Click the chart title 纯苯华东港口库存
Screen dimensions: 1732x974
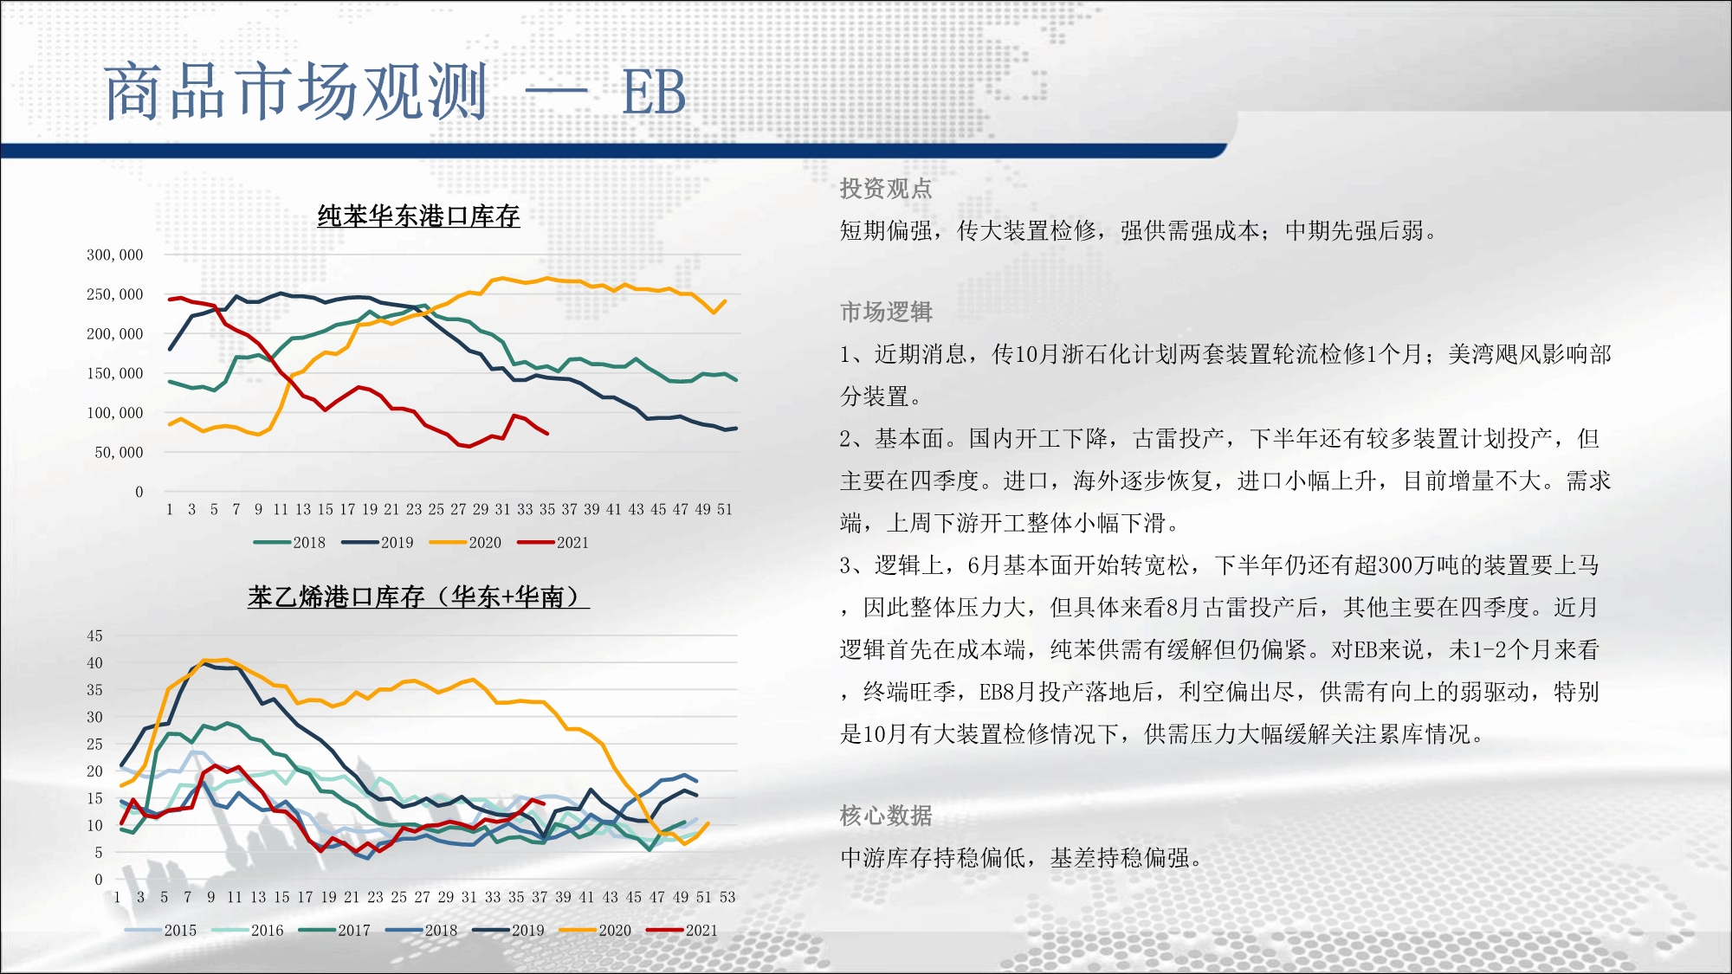click(x=418, y=216)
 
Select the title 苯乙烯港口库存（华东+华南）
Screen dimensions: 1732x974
click(x=418, y=597)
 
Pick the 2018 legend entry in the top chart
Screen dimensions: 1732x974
click(x=289, y=543)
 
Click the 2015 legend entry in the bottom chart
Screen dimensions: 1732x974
click(x=160, y=931)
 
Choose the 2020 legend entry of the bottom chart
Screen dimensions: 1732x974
click(x=595, y=931)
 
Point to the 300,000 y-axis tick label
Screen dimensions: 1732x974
click(x=114, y=255)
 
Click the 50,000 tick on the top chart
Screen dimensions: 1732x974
click(x=119, y=452)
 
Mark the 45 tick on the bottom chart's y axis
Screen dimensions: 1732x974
click(x=94, y=635)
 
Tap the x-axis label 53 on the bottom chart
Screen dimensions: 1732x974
click(x=727, y=897)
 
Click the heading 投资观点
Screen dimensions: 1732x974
click(x=886, y=189)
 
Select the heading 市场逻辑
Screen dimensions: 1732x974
click(x=886, y=312)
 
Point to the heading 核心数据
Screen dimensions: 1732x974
click(x=886, y=816)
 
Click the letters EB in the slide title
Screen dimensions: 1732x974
click(x=654, y=92)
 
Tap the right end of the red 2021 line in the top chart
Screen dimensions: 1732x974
click(x=547, y=433)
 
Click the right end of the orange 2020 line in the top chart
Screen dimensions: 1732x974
click(x=725, y=301)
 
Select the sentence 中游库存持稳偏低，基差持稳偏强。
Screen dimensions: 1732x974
click(x=1021, y=858)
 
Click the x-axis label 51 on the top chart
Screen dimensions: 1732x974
click(x=725, y=509)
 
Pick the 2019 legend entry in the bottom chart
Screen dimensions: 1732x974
click(x=508, y=931)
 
